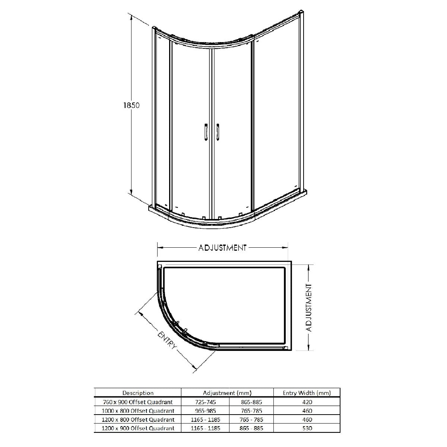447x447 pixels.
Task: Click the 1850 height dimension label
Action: click(x=131, y=105)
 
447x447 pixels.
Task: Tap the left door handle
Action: click(x=206, y=132)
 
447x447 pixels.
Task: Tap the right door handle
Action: click(x=218, y=132)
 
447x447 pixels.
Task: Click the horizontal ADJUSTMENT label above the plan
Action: click(x=222, y=248)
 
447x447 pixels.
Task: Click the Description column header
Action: click(x=138, y=393)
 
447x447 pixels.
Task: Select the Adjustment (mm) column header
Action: click(x=227, y=393)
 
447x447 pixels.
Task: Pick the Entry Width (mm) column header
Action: click(x=307, y=393)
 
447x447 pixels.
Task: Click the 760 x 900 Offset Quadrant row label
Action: click(x=138, y=402)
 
